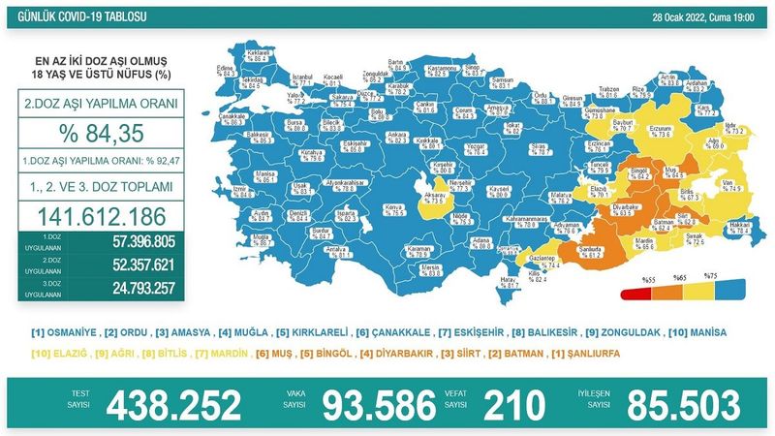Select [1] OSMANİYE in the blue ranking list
coord(60,332)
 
